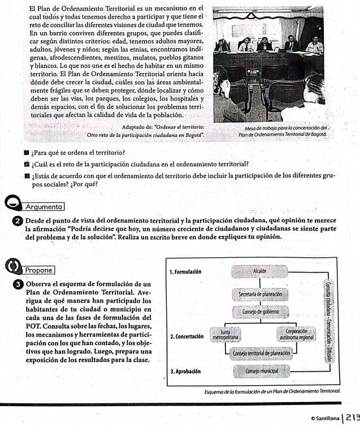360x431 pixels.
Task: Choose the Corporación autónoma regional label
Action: (297, 334)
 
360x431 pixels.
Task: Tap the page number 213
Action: (352, 417)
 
